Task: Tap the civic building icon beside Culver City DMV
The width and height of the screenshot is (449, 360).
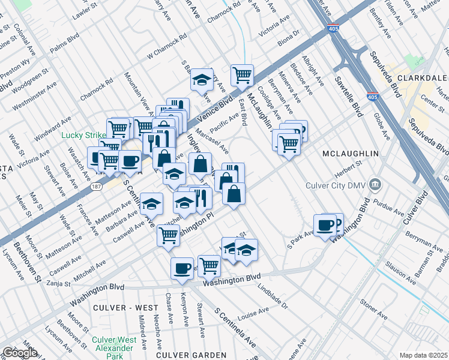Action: (375, 182)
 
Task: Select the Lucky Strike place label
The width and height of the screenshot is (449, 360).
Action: (83, 135)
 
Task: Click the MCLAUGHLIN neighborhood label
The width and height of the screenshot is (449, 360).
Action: (351, 154)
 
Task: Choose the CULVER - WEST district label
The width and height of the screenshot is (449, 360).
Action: (123, 307)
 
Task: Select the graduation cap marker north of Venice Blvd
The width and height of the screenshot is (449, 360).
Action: (202, 80)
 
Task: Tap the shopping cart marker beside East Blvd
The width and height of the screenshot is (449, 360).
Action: (242, 75)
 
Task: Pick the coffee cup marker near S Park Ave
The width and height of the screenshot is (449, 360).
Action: (325, 226)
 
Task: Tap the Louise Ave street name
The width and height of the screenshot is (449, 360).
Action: (253, 313)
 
